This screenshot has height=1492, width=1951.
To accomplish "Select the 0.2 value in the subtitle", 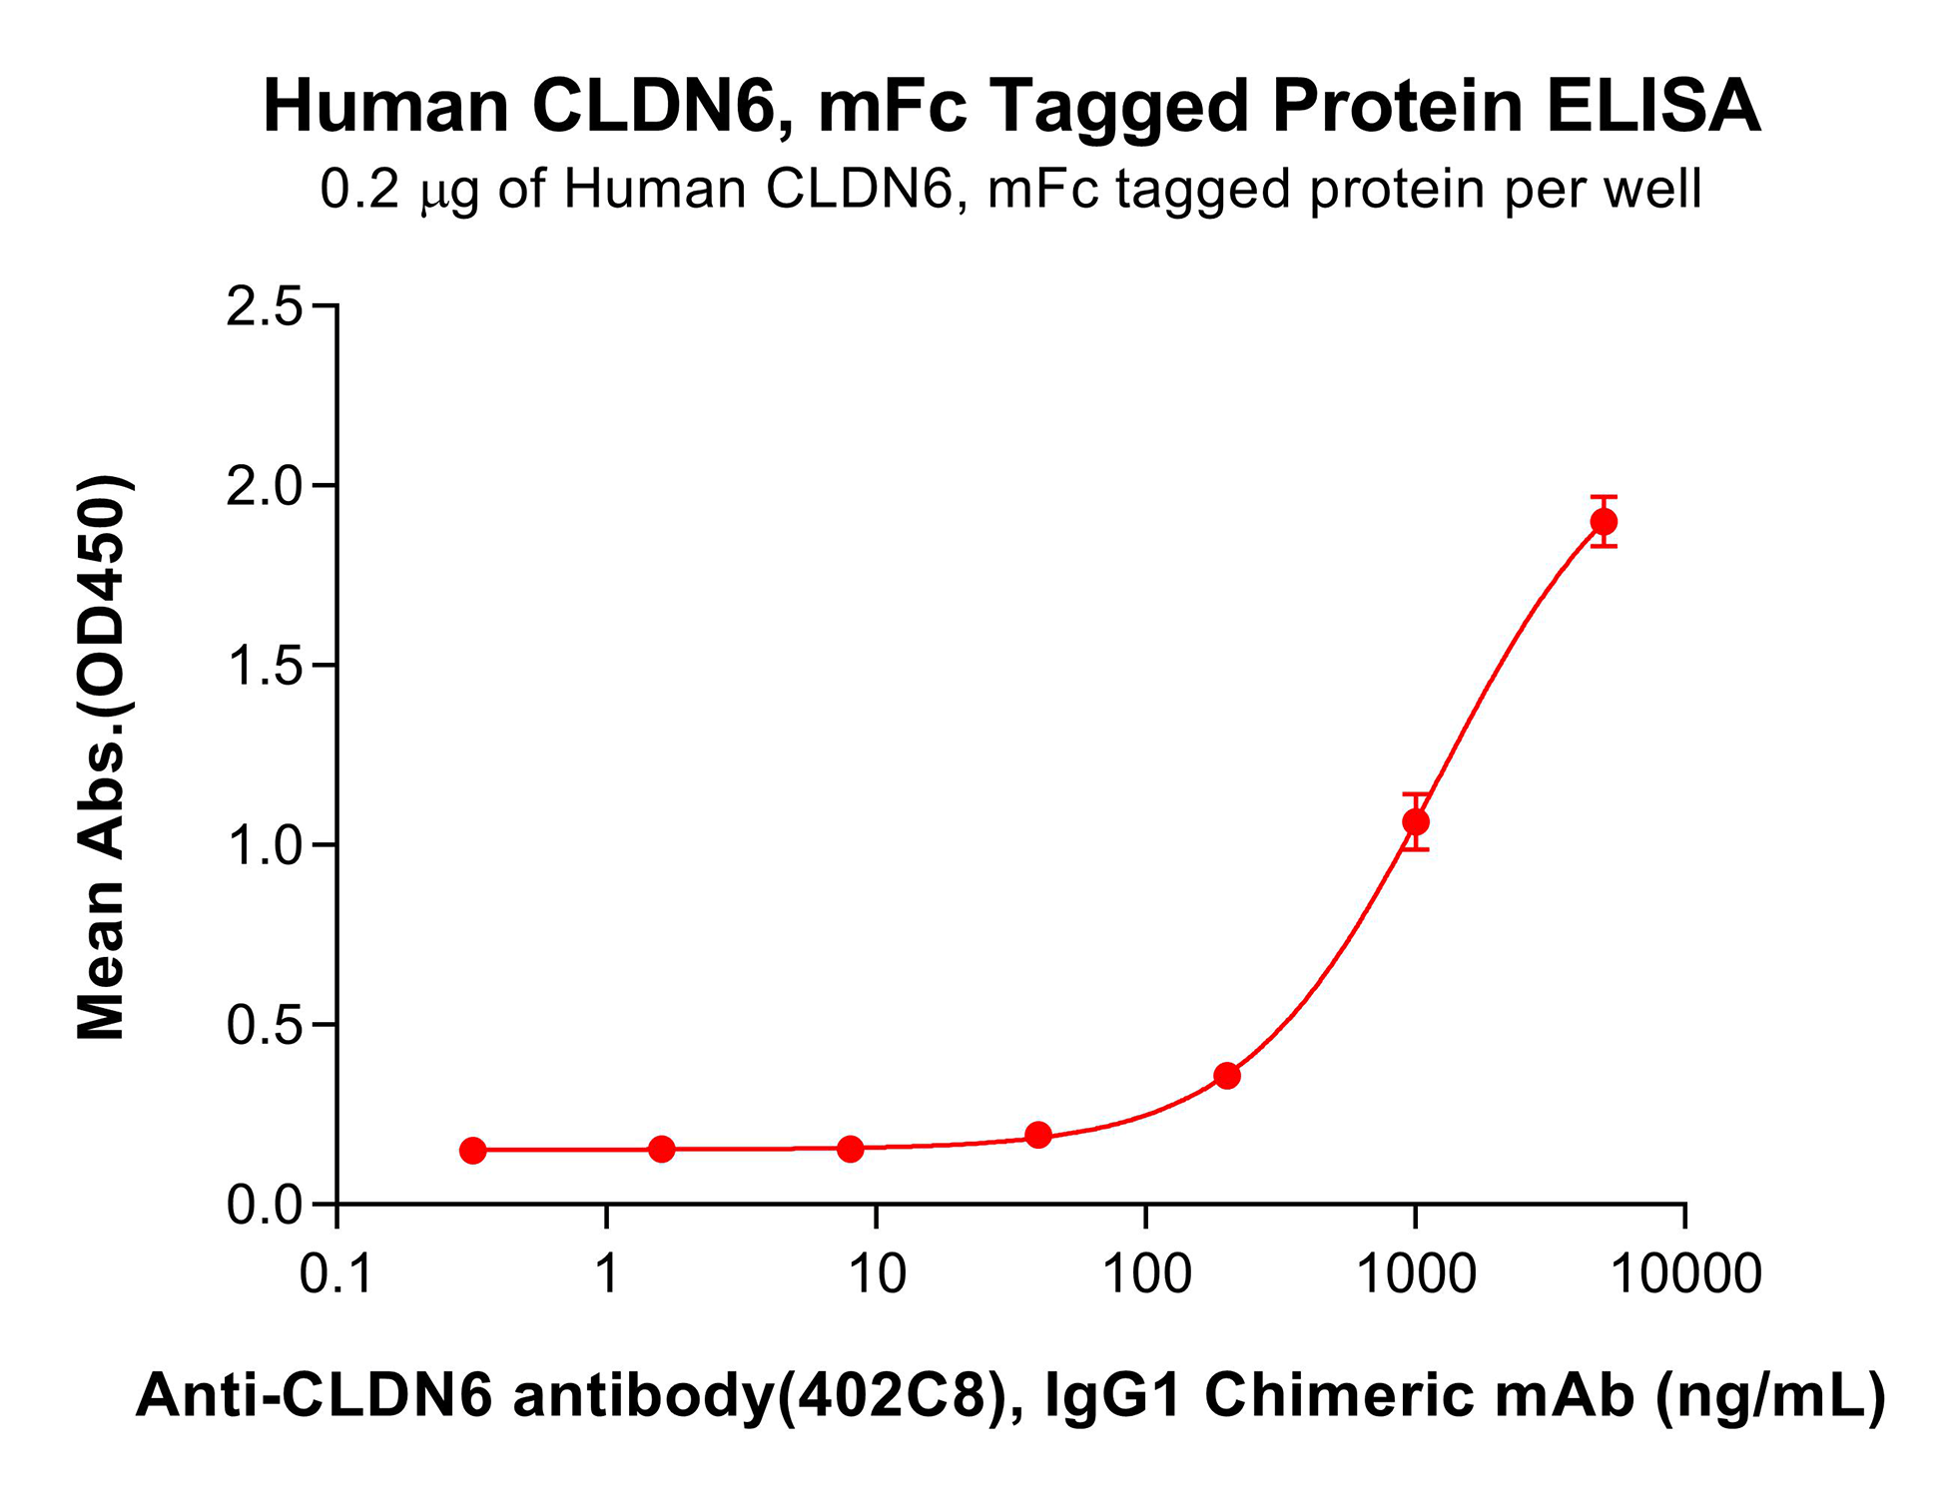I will (x=359, y=189).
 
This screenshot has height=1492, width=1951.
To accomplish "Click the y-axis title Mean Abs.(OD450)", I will (x=103, y=758).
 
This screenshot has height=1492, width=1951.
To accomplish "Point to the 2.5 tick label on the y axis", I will (x=265, y=306).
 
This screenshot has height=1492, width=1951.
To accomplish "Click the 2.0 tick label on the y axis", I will (x=265, y=487).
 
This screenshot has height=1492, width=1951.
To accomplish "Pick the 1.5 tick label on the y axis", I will (x=265, y=667).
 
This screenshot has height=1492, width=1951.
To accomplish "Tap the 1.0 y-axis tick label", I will (x=265, y=846).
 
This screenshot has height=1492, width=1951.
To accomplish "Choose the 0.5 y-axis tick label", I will (x=265, y=1026).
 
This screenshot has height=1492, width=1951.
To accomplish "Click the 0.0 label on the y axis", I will (x=265, y=1206).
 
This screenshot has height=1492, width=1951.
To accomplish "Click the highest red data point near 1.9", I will (x=1604, y=522).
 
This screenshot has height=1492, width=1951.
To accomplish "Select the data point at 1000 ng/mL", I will (x=1415, y=821).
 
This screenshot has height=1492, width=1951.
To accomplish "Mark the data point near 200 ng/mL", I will (x=1227, y=1076).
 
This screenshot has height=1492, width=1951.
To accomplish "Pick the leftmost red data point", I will (x=473, y=1151).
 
